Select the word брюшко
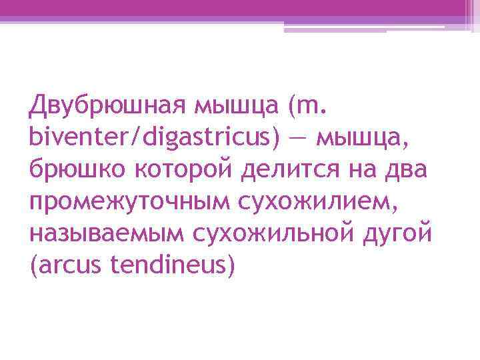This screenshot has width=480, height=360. click(x=73, y=170)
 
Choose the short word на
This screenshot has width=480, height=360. click(x=360, y=170)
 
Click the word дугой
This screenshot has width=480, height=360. click(x=400, y=235)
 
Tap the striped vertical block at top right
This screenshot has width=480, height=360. click(x=472, y=15)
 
